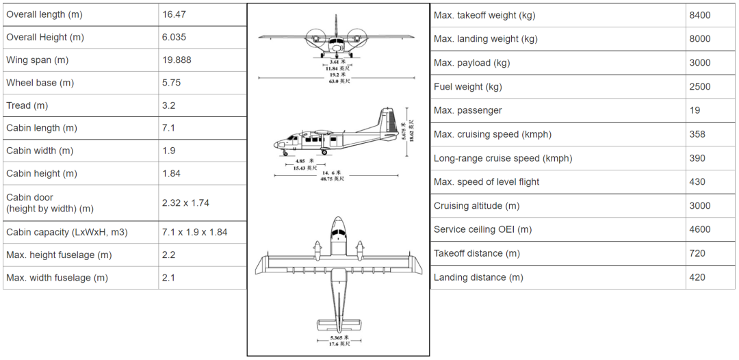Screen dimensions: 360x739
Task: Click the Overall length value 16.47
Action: [174, 14]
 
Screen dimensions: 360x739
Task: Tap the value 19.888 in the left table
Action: [177, 60]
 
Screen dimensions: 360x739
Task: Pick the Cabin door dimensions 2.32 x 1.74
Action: [185, 203]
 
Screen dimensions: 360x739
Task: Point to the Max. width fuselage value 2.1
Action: [169, 278]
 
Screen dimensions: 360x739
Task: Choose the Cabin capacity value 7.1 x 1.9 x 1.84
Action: [195, 232]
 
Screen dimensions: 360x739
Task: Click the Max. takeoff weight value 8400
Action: [700, 15]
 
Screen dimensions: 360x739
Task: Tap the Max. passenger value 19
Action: [695, 111]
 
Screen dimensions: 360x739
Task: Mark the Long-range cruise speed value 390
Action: [697, 158]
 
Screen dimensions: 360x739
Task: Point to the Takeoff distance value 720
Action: [697, 254]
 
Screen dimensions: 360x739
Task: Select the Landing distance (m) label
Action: [479, 278]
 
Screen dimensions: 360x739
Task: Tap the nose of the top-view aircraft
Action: [339, 221]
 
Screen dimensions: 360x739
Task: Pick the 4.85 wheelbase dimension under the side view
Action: [302, 162]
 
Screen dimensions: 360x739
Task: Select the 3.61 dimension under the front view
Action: [336, 62]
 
